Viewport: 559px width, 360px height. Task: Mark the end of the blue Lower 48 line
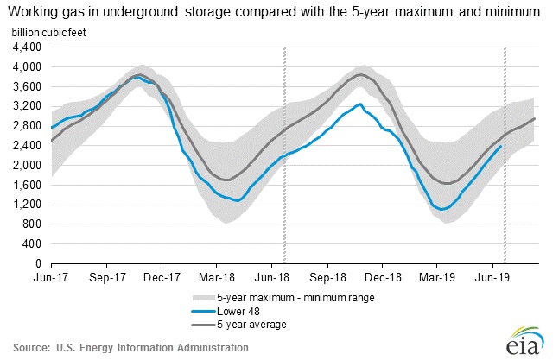pos(501,146)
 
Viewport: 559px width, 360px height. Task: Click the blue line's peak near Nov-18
pos(359,104)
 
